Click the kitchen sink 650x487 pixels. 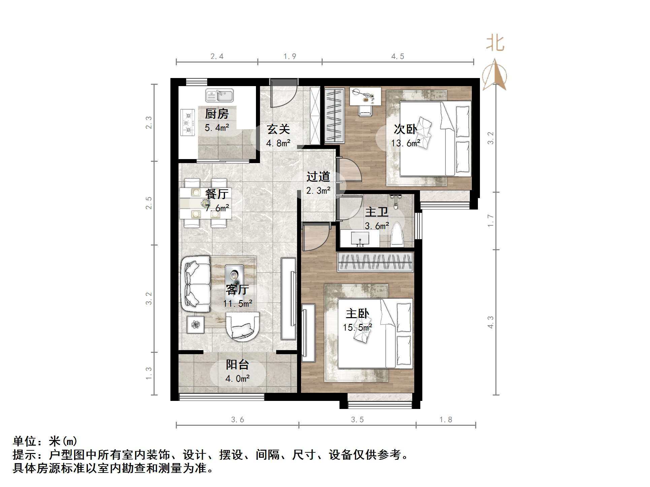coord(219,96)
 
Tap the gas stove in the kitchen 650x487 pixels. coord(188,122)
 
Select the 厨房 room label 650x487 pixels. coord(217,114)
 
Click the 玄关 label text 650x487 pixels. coord(278,129)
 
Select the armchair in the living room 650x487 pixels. coord(242,326)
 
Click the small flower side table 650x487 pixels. coord(196,325)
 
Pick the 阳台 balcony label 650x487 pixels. coord(237,365)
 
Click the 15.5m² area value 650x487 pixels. coord(357,327)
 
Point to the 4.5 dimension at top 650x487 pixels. coord(397,57)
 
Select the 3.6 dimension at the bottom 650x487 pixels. coord(237,420)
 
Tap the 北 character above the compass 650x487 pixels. coord(495,44)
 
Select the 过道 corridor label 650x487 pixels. coord(318,177)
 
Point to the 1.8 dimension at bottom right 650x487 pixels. coord(446,420)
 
